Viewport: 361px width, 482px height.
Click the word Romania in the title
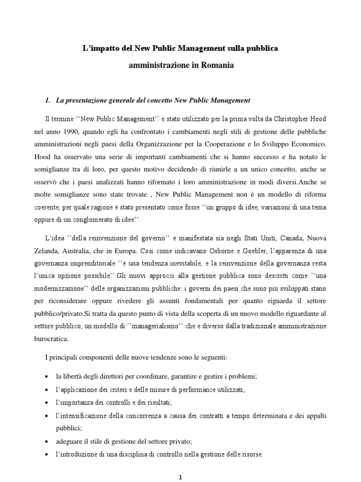(218, 65)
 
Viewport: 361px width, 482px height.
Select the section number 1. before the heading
(47, 100)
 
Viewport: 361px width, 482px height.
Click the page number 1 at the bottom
(180, 477)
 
